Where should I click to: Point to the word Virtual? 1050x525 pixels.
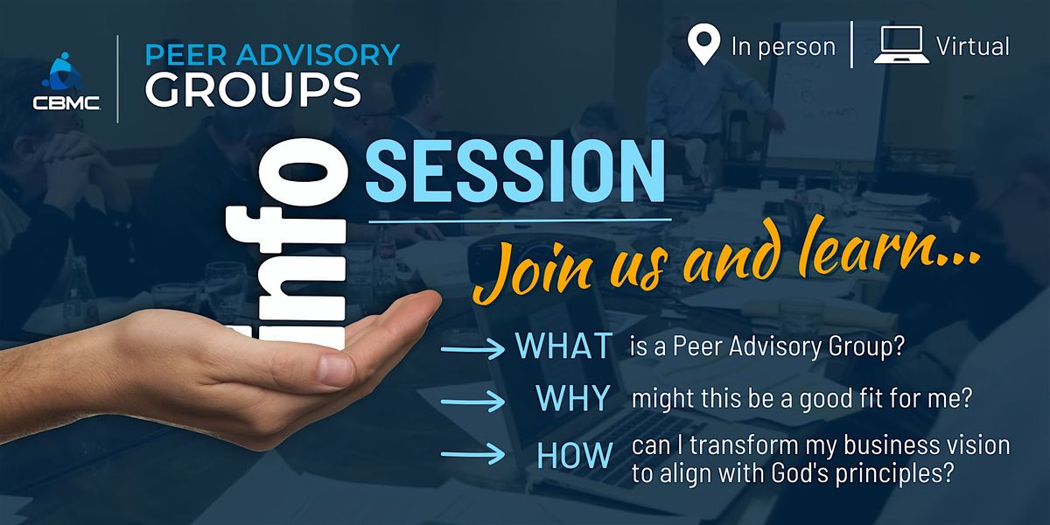972,46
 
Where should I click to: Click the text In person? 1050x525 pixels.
783,46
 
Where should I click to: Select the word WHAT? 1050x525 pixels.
563,346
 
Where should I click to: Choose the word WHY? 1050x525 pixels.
572,399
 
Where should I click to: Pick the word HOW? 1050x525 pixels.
573,455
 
